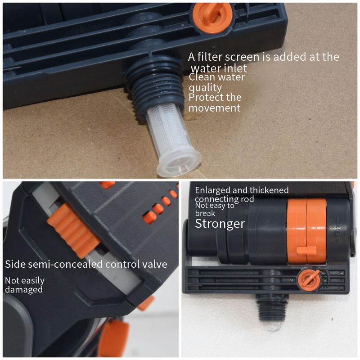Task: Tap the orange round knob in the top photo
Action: click(x=212, y=17)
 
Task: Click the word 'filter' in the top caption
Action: click(x=209, y=57)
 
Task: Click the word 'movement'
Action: click(x=215, y=108)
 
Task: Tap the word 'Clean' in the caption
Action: click(x=202, y=77)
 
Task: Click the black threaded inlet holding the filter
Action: click(x=154, y=87)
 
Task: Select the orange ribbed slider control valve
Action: click(x=73, y=231)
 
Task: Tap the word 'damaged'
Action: click(x=24, y=289)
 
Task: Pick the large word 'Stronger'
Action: click(x=220, y=224)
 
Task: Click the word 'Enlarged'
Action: click(x=212, y=190)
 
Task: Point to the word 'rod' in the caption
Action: click(x=247, y=199)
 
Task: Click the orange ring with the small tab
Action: click(x=306, y=231)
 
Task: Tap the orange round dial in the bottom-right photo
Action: click(x=309, y=280)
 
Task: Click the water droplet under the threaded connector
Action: click(x=273, y=326)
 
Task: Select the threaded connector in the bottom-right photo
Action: click(x=272, y=307)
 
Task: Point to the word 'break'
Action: click(x=205, y=213)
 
